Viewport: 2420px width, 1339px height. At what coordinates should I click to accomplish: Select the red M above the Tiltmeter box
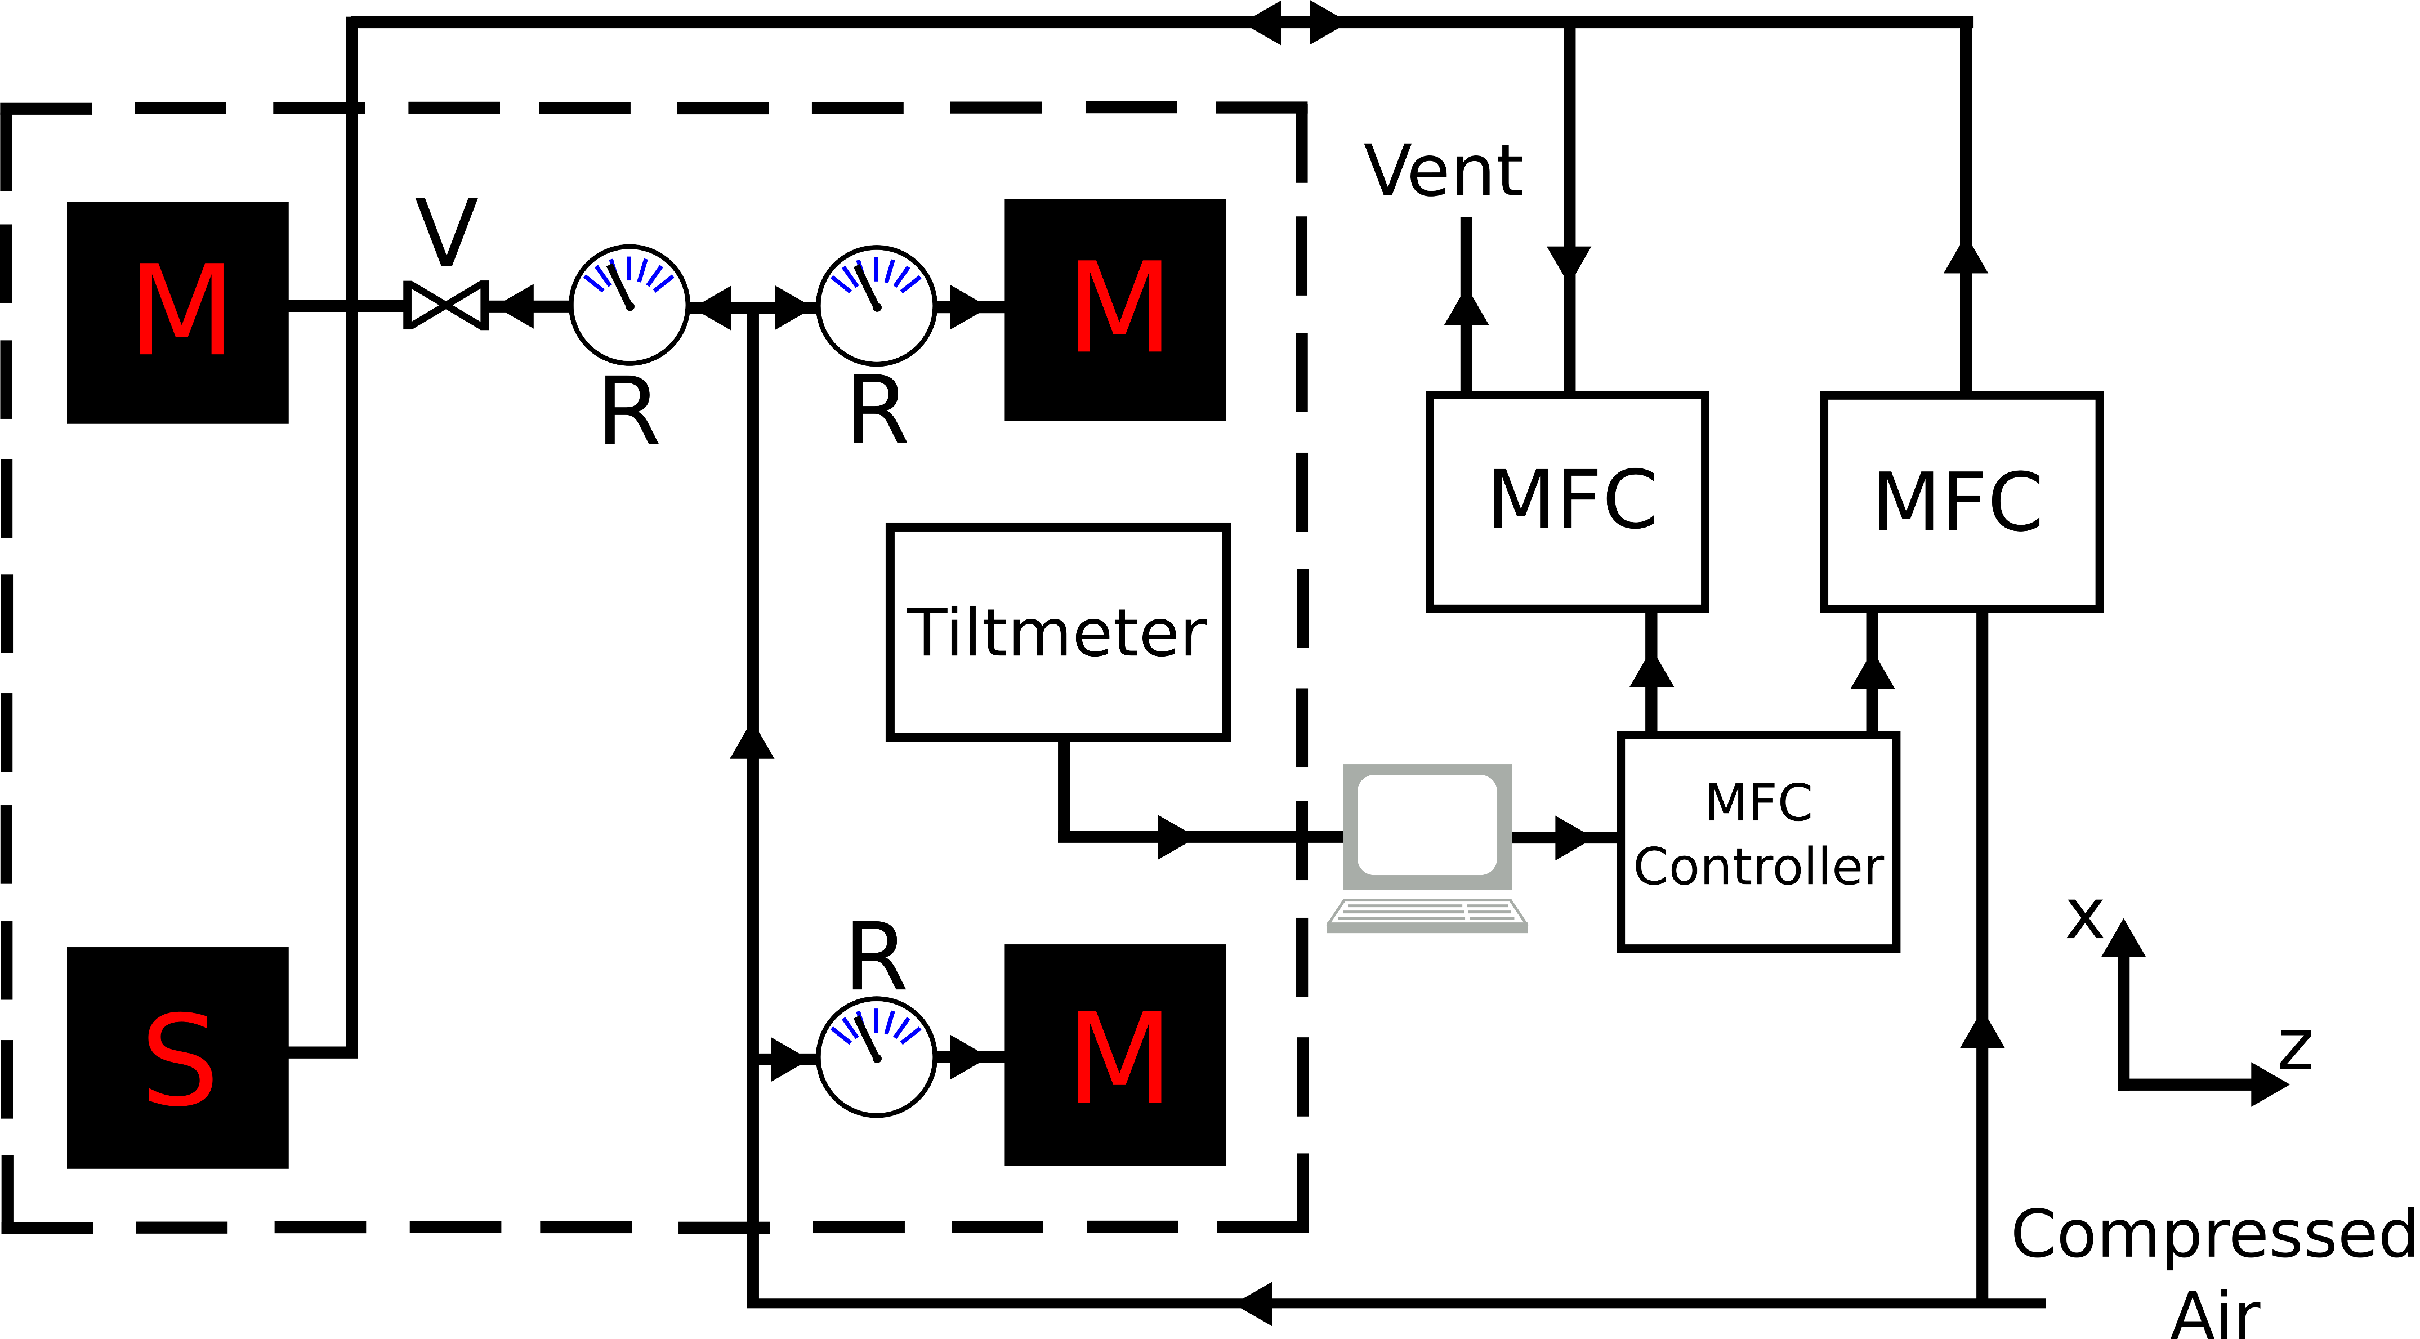(x=1119, y=307)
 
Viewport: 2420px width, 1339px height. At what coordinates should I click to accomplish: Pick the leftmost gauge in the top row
(x=629, y=305)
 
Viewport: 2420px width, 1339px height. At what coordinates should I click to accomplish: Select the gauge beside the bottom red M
(x=877, y=1057)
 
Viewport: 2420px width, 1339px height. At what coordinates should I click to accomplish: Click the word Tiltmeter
(x=1057, y=632)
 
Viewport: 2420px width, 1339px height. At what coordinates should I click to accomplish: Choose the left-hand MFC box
(x=1566, y=502)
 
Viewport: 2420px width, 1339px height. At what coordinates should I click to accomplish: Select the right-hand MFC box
(x=1961, y=502)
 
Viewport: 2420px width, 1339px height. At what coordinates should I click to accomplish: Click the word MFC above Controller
(x=1758, y=802)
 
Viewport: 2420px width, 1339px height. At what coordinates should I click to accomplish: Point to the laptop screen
(x=1426, y=825)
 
